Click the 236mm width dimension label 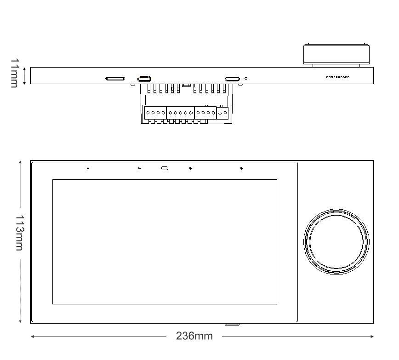(x=194, y=336)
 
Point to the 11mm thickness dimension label (x=15, y=73)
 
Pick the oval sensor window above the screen (x=165, y=168)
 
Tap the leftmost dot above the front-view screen (x=88, y=168)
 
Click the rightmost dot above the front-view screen (x=241, y=168)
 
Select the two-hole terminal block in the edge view (x=223, y=113)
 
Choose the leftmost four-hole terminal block (x=155, y=113)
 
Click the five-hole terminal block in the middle (x=180, y=113)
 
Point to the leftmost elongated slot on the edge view (x=115, y=79)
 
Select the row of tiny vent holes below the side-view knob (x=337, y=77)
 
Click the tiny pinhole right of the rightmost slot (x=246, y=79)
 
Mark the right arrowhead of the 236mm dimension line (x=372, y=336)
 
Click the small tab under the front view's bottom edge (x=232, y=324)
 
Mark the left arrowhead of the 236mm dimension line (x=32, y=336)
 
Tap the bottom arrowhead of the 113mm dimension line (x=20, y=321)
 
